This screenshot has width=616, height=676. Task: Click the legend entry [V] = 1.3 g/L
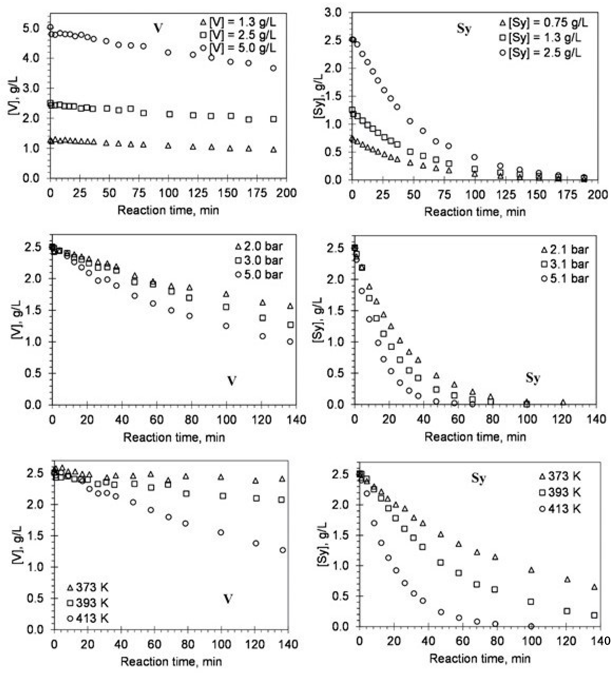tap(238, 23)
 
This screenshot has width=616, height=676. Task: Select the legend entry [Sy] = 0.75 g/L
tap(544, 23)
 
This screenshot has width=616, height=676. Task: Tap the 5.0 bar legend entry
tap(259, 275)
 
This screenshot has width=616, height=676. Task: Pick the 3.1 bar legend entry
tap(565, 264)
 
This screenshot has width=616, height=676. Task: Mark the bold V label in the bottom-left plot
tap(228, 599)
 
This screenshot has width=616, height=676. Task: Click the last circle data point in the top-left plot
tap(274, 68)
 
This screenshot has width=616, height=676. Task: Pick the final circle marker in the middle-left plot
tap(290, 341)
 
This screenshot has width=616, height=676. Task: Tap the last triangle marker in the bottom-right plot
tap(595, 587)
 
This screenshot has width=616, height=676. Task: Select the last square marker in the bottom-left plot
tap(282, 500)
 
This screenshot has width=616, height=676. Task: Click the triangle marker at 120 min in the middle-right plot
tap(563, 402)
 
